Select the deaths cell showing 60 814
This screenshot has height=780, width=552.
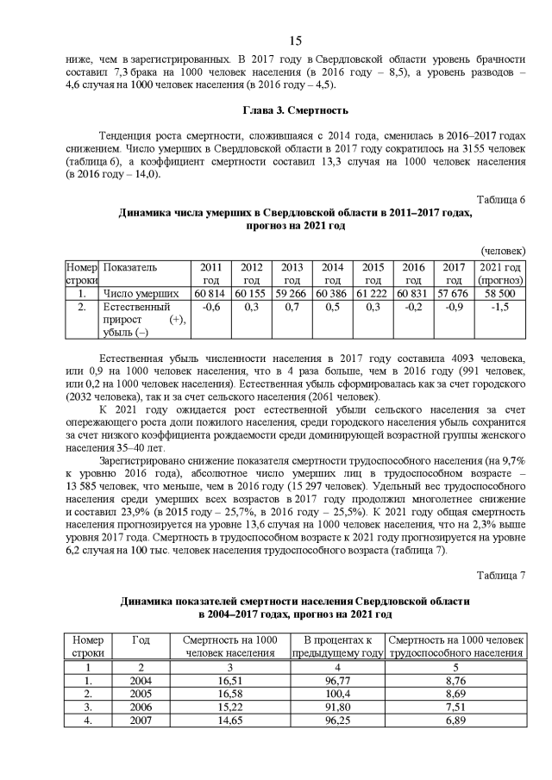(x=210, y=294)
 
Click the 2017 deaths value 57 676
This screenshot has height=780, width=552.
(x=454, y=294)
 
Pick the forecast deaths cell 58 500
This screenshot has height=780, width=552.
(x=500, y=294)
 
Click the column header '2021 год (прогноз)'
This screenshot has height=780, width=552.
(x=500, y=274)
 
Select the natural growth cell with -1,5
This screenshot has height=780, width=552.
(x=500, y=307)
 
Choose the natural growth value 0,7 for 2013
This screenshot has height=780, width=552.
(x=292, y=307)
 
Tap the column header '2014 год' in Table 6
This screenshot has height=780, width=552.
(x=333, y=274)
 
